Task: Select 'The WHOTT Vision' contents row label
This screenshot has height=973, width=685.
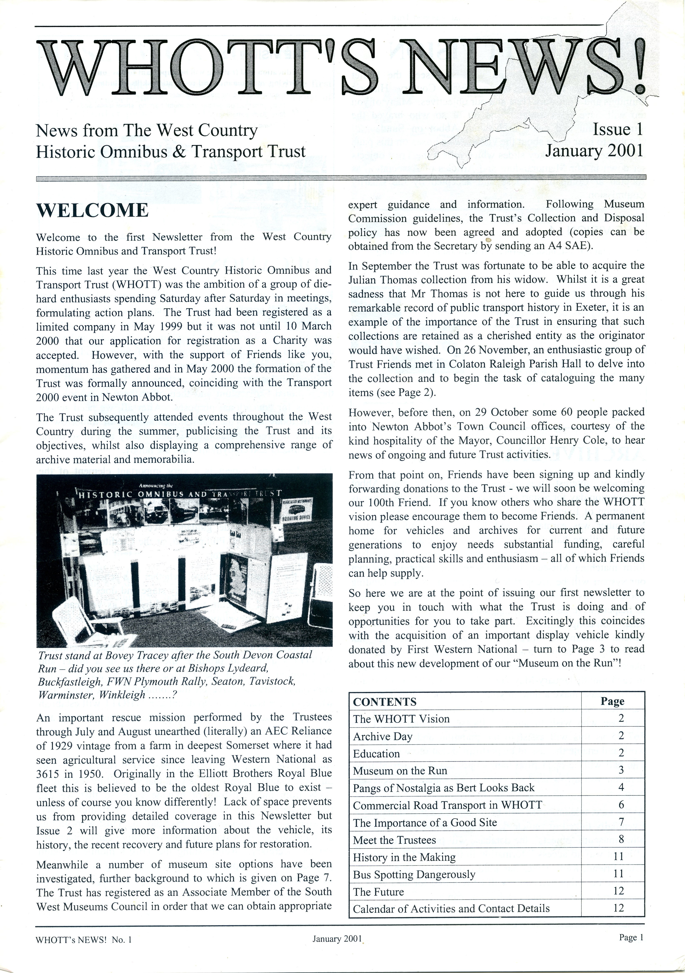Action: coord(401,719)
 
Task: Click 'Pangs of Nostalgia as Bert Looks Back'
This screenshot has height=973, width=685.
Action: coord(443,788)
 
